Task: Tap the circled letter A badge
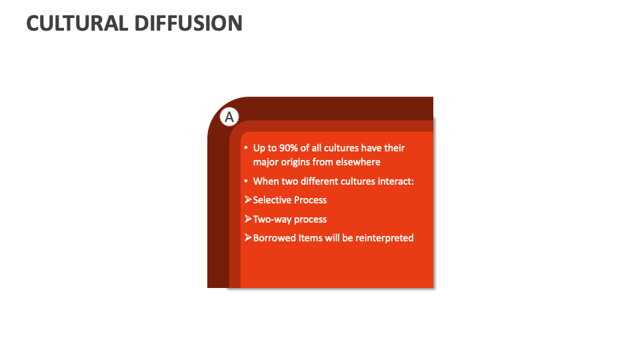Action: [x=229, y=117]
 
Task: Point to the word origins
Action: [x=301, y=161]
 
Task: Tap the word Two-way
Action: [x=272, y=219]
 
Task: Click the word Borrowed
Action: [x=275, y=238]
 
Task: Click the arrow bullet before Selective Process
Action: [x=247, y=200]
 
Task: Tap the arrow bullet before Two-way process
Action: [x=247, y=219]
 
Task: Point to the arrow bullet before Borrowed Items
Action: [x=247, y=238]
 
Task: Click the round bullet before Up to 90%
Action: [x=245, y=148]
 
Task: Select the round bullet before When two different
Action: [x=245, y=181]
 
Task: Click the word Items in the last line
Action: [x=310, y=238]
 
